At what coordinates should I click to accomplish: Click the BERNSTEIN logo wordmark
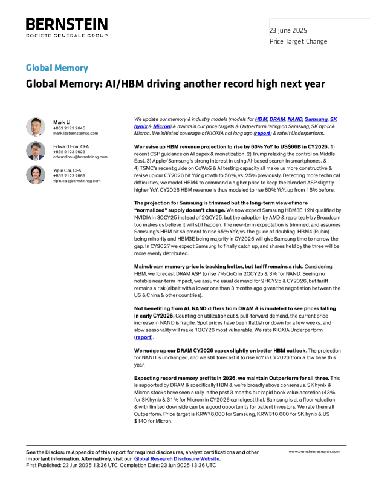[x=66, y=25]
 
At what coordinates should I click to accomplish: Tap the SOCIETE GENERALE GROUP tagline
[x=66, y=36]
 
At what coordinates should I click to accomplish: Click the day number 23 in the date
[x=273, y=31]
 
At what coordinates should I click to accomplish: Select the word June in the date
[x=285, y=31]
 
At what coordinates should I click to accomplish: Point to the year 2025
[x=300, y=31]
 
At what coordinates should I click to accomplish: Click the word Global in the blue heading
[x=39, y=68]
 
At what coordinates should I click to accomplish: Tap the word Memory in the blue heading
[x=72, y=68]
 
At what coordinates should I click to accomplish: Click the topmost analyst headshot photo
[x=36, y=127]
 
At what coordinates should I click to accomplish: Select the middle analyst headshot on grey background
[x=36, y=151]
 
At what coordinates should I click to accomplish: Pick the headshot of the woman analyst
[x=36, y=175]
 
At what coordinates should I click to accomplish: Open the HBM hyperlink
[x=261, y=120]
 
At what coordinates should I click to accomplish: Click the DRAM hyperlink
[x=277, y=120]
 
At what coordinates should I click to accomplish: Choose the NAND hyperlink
[x=295, y=120]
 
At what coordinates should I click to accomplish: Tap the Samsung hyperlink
[x=316, y=120]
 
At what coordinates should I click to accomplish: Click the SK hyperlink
[x=334, y=120]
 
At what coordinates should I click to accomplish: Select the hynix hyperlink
[x=141, y=127]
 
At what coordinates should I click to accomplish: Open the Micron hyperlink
[x=161, y=127]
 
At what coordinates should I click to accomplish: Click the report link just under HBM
[x=262, y=134]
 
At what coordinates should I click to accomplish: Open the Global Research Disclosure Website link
[x=177, y=459]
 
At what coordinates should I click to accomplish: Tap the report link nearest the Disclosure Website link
[x=143, y=337]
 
